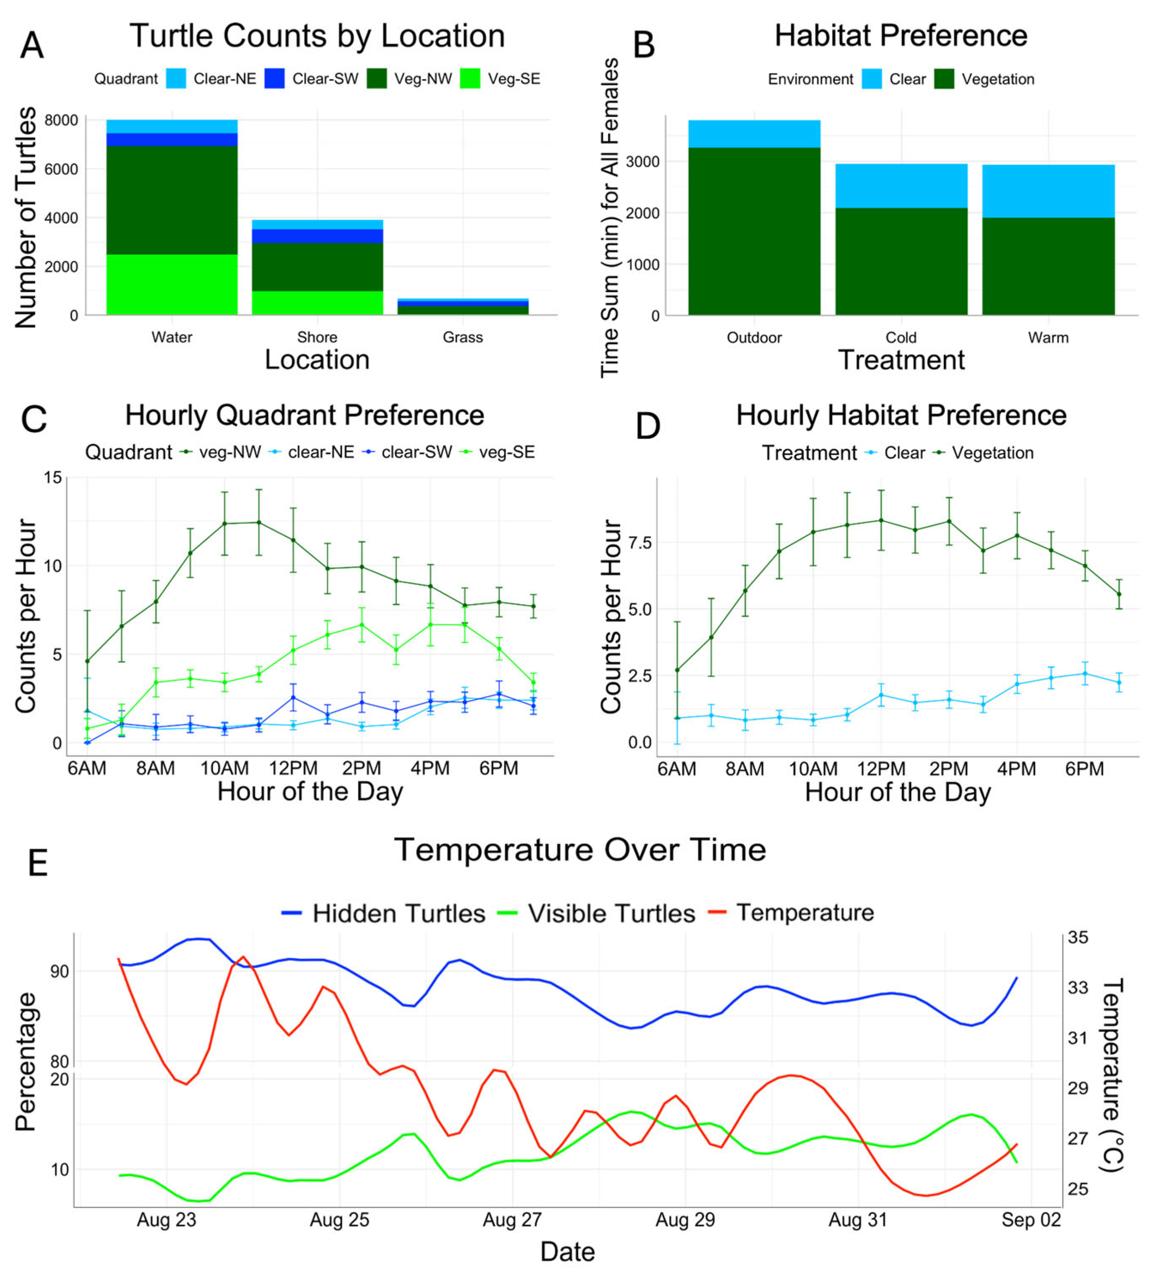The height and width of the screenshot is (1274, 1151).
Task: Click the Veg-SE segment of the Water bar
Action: [x=172, y=284]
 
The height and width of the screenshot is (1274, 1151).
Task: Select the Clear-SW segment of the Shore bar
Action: [x=318, y=236]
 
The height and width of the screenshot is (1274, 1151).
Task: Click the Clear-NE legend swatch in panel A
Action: [x=176, y=78]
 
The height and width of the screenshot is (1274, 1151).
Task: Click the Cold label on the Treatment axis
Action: [x=901, y=337]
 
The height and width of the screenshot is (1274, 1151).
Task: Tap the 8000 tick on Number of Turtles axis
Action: [x=61, y=120]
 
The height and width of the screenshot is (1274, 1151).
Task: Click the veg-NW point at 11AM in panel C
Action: [x=259, y=522]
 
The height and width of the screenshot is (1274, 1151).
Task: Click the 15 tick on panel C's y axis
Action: [x=53, y=478]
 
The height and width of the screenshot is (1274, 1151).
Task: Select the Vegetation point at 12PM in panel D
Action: [x=881, y=520]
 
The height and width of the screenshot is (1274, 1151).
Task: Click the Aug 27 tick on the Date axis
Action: [x=512, y=1219]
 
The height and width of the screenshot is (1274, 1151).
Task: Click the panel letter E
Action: [x=37, y=863]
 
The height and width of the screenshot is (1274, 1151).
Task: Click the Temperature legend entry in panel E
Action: [x=791, y=913]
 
